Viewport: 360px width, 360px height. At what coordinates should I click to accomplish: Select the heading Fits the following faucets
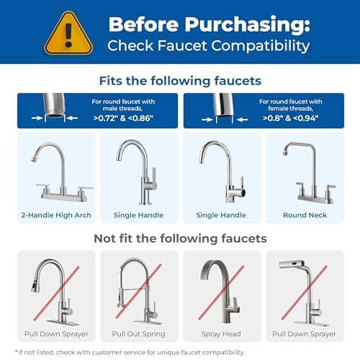(x=179, y=82)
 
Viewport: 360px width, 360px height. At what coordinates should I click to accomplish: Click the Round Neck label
(x=305, y=215)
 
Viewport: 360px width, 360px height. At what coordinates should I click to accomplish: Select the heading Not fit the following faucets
(x=179, y=238)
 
